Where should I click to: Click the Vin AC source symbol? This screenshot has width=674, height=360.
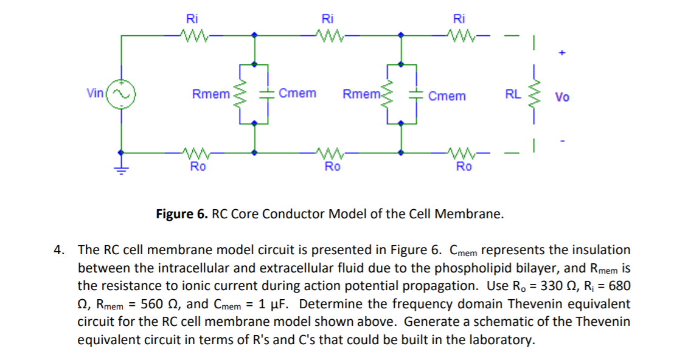coord(121,94)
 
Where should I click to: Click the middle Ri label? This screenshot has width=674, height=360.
coord(328,18)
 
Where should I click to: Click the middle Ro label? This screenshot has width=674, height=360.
coord(332,167)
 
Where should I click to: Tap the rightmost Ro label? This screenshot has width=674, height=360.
coord(464,167)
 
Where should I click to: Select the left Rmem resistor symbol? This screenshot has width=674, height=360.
coord(240,94)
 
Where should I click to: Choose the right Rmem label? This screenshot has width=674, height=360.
coord(361,94)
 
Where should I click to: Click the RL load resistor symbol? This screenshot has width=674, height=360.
coord(533,94)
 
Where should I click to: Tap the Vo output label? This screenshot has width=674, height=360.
coord(563,97)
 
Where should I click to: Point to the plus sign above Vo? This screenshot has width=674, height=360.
coord(562,54)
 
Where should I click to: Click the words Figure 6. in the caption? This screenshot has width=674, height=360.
coord(182,214)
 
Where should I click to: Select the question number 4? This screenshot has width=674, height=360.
coord(58,250)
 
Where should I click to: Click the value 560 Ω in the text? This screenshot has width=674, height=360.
coord(159,303)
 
